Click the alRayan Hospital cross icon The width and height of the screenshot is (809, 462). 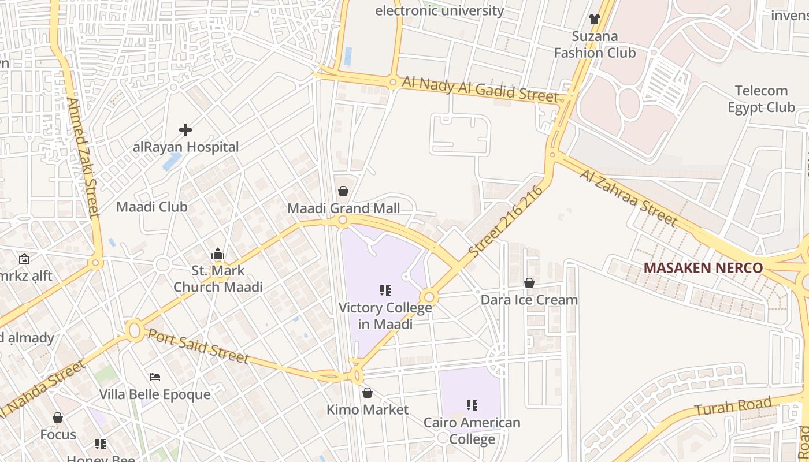click(x=185, y=129)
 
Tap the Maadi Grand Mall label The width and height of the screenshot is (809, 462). click(x=343, y=208)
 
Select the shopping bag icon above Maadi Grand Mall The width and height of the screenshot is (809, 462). click(x=343, y=191)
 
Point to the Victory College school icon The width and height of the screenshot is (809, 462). click(x=385, y=290)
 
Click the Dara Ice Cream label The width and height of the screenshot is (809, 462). click(x=529, y=300)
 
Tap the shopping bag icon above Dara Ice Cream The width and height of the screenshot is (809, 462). click(x=529, y=283)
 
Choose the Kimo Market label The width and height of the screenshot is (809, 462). click(x=368, y=409)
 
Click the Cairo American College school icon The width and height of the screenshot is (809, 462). click(x=472, y=405)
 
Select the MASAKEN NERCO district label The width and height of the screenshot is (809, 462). click(x=703, y=268)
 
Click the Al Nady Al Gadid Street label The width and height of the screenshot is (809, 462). click(x=480, y=89)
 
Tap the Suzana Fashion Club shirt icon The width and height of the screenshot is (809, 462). click(x=595, y=18)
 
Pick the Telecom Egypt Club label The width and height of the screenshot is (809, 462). click(x=761, y=99)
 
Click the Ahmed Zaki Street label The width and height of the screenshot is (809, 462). click(x=83, y=157)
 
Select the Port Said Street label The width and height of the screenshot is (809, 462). click(x=198, y=345)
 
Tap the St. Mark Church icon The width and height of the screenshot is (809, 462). click(x=218, y=254)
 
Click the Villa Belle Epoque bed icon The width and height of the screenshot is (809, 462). click(x=154, y=377)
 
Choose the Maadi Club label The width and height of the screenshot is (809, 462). click(x=152, y=207)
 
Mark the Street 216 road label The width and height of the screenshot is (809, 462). click(x=506, y=221)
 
